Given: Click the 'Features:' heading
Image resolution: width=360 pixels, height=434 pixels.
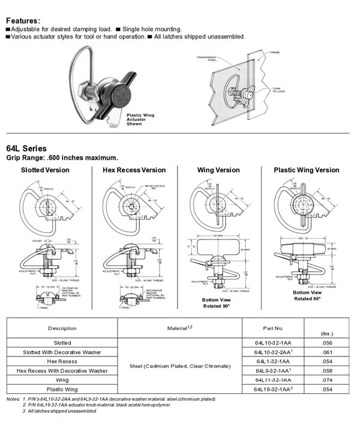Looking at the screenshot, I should (x=23, y=20).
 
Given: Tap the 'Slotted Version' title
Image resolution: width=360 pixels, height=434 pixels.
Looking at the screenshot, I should (x=45, y=170).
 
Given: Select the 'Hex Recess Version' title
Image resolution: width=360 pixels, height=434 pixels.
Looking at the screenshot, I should (x=135, y=170).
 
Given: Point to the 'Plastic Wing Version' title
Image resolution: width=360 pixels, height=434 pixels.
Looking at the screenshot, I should (x=307, y=170).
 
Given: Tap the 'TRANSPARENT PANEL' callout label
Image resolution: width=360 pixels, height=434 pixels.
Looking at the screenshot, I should (x=206, y=59).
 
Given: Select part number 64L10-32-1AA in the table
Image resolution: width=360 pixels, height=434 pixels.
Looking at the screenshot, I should (x=273, y=343).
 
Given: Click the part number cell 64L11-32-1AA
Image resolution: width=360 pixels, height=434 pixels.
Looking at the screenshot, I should (x=273, y=380).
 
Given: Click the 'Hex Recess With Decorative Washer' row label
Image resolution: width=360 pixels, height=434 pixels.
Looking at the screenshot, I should (x=62, y=371).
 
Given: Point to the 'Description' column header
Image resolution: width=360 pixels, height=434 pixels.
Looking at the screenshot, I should (x=62, y=328).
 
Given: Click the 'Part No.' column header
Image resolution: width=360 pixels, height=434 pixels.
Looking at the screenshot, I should (x=273, y=328).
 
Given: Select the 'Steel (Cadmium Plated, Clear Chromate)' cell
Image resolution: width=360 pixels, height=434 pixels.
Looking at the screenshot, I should (x=179, y=366).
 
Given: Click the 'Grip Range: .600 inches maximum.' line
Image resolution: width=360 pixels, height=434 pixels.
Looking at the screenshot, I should (x=62, y=157).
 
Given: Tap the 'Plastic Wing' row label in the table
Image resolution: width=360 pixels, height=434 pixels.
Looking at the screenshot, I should (x=62, y=390).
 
